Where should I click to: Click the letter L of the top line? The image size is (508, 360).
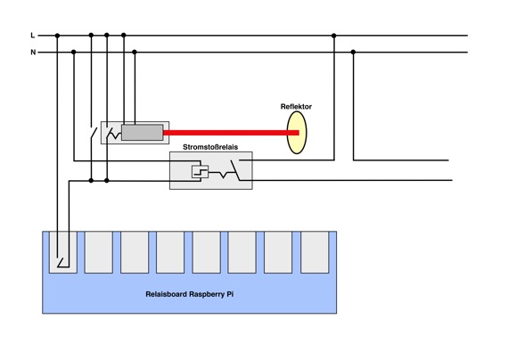32,35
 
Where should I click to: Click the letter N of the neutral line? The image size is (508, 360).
33,52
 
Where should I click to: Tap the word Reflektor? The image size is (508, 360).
296,107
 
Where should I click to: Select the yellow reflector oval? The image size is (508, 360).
297,132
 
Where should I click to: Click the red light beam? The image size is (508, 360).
231,133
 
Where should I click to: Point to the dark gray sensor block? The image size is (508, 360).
143,133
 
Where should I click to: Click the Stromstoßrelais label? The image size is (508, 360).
210,147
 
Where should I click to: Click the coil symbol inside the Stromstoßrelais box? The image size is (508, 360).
200,172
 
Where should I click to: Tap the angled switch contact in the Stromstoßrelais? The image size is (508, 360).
235,170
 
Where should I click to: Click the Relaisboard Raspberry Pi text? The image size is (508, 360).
190,294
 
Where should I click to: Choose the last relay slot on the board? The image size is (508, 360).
315,252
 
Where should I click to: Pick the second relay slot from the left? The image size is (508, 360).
99,252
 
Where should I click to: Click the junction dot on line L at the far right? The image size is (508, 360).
333,36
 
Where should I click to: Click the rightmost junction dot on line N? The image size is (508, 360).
353,52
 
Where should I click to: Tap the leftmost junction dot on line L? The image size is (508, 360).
57,36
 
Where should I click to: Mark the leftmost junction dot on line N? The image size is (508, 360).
74,52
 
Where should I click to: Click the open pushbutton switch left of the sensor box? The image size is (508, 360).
94,133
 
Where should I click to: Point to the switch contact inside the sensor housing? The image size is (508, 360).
110,133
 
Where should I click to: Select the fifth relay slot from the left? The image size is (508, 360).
207,252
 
